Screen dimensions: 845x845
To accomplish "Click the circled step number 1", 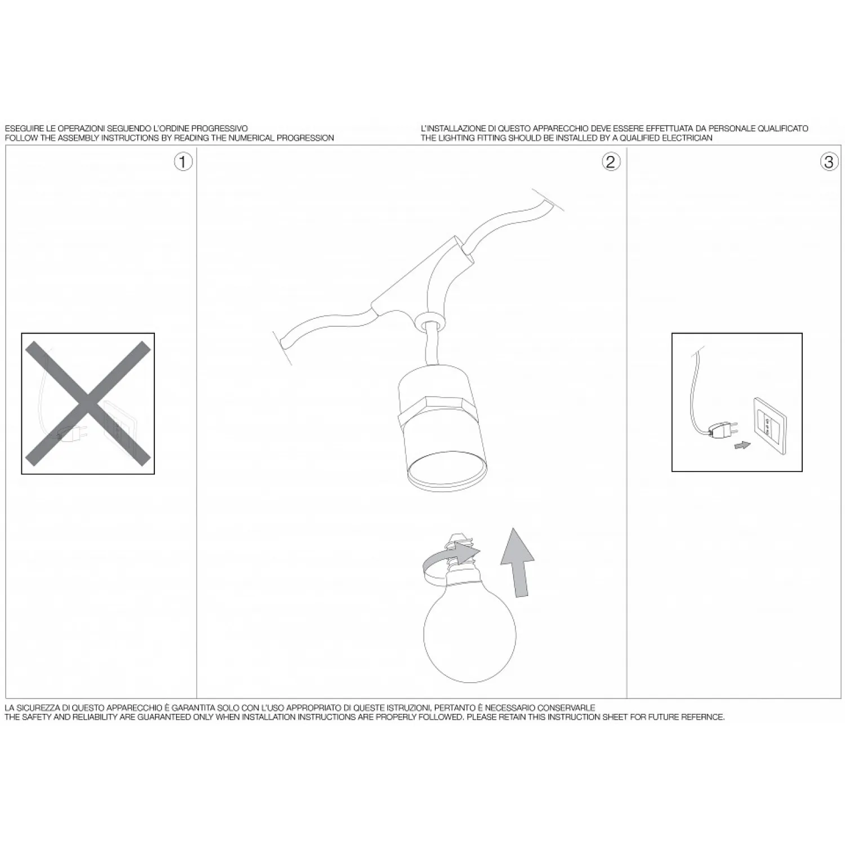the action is (x=183, y=162).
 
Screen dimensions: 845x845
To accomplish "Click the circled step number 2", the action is (x=611, y=162).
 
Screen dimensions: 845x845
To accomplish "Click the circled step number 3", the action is (x=829, y=162).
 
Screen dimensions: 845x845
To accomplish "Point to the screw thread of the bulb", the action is (x=460, y=549).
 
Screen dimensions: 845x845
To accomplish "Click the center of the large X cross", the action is (x=88, y=403).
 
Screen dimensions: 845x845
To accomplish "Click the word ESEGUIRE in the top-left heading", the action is (x=23, y=129).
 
